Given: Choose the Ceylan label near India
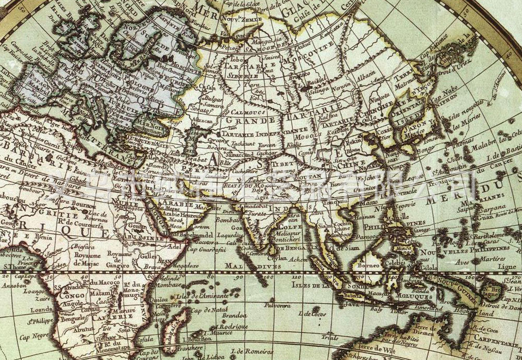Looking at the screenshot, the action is coord(278,258).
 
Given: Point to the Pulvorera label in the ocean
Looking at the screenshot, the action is coord(278,305).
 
